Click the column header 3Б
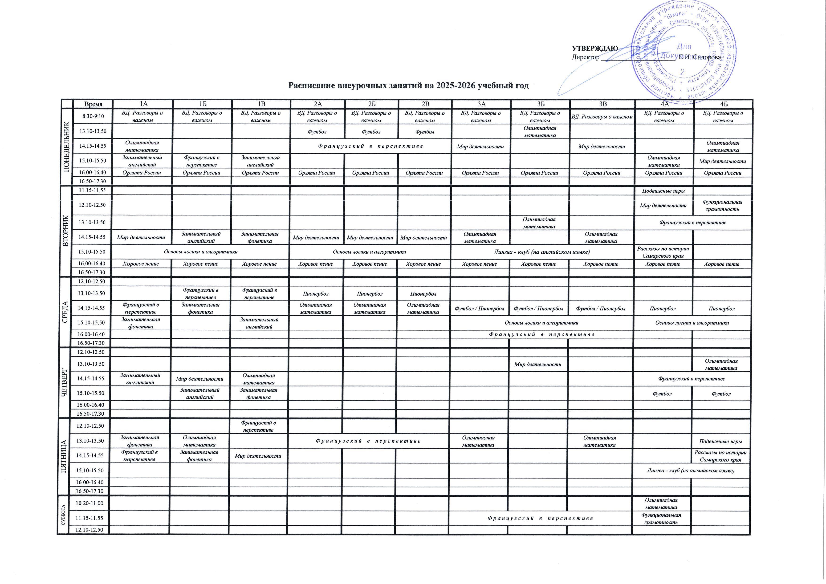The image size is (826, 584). pos(540,104)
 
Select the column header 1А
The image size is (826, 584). pos(143,104)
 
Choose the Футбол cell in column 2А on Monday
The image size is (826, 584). pos(317,132)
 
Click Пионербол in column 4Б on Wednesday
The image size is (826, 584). pos(721,308)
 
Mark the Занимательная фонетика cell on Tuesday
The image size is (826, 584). pos(260,237)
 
